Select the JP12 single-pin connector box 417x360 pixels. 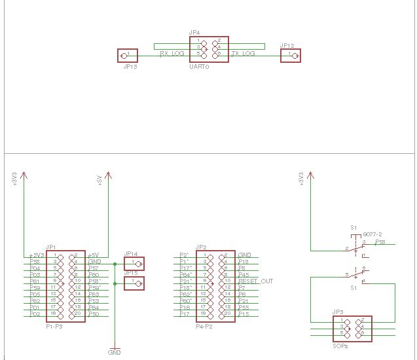(x=290, y=56)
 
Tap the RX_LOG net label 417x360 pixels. (x=172, y=54)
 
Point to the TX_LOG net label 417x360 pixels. (x=243, y=54)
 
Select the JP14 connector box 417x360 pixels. (x=134, y=264)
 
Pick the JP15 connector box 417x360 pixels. (x=134, y=283)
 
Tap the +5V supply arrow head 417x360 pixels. (x=107, y=175)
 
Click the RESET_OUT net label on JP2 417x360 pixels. (x=256, y=281)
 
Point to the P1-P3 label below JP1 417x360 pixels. (x=54, y=325)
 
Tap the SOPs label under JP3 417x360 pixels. (x=340, y=345)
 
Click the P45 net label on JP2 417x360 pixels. (x=244, y=274)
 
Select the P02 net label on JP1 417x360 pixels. (x=35, y=314)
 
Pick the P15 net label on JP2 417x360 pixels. (x=244, y=314)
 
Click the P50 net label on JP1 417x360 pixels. (x=94, y=314)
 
